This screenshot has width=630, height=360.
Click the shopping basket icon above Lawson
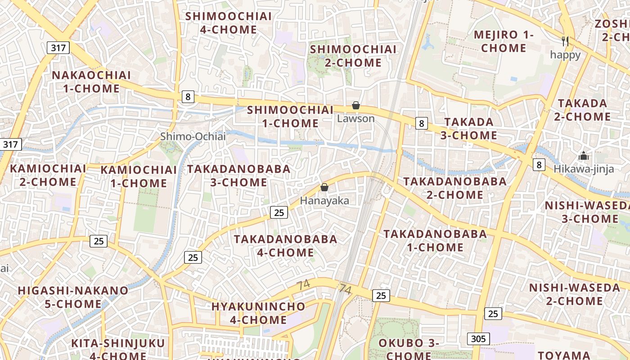(356, 105)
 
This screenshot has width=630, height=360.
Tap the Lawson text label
(356, 119)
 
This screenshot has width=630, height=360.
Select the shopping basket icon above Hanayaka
(324, 187)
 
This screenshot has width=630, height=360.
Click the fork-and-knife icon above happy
(566, 41)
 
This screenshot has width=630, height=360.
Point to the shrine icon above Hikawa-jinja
(584, 156)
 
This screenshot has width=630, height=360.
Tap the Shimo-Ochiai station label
(193, 136)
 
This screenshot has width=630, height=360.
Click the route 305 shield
(478, 338)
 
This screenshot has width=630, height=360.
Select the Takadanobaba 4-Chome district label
(285, 246)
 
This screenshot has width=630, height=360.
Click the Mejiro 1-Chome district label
(504, 41)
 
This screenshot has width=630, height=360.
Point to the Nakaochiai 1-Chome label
(91, 82)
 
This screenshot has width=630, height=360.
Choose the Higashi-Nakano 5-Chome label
(73, 297)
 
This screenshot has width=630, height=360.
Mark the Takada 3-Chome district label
(469, 129)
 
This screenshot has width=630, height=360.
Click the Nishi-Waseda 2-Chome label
(574, 294)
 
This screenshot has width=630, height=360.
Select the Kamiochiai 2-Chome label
(48, 175)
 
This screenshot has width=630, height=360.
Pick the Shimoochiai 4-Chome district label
(229, 23)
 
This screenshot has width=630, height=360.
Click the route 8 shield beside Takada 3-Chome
(421, 123)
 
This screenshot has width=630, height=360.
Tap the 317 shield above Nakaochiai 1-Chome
(58, 48)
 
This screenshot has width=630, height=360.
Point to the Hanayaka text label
(324, 201)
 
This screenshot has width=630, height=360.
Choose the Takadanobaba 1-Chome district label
(435, 240)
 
